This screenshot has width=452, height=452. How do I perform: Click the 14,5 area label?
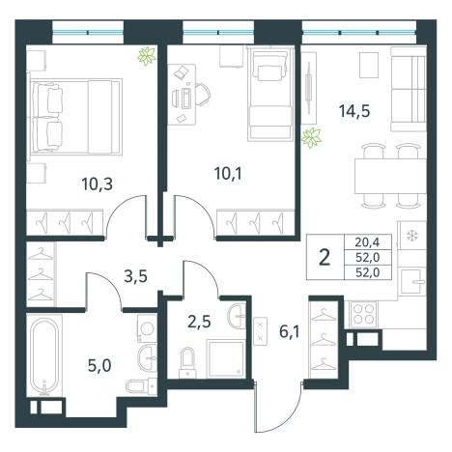point(354,111)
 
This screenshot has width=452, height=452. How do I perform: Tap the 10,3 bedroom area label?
point(97,184)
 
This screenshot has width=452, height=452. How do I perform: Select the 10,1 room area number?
point(228,174)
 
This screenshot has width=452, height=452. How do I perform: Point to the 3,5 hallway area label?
point(136,276)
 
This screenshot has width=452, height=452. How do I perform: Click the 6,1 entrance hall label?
point(290,331)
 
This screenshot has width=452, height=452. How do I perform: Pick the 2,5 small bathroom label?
point(199,322)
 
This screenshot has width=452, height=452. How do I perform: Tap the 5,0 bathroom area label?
point(99,366)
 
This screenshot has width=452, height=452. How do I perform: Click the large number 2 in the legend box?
point(325,258)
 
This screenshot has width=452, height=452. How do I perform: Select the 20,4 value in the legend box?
point(367,241)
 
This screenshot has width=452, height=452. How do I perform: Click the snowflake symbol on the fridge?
point(411,236)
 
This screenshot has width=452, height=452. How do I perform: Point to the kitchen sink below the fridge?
point(411,282)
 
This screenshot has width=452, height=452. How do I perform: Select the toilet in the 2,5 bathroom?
point(187,362)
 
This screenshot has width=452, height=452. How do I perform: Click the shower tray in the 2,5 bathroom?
point(225,358)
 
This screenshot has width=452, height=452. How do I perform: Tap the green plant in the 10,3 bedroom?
point(147,56)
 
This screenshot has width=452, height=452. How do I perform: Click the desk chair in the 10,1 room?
point(203,95)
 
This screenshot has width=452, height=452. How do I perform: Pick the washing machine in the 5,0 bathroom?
point(147,328)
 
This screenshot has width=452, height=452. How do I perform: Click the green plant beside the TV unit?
point(311,138)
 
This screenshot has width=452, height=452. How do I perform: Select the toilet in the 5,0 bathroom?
point(141,385)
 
